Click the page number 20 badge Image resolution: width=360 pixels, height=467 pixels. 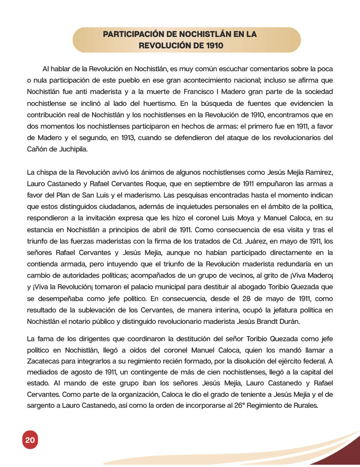(x=30, y=440)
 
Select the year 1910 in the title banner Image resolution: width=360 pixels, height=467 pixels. (x=214, y=46)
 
